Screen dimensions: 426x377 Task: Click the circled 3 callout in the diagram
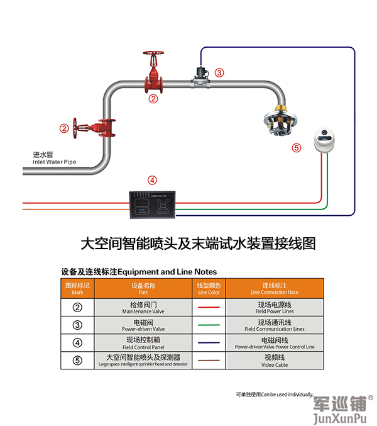(x=219, y=72)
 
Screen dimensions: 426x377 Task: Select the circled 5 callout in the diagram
(x=297, y=148)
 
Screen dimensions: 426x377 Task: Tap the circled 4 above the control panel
(x=151, y=179)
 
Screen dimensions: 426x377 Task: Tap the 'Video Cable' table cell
(x=274, y=361)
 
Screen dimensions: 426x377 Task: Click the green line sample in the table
(x=208, y=325)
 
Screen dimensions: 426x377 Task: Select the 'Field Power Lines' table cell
(x=274, y=308)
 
